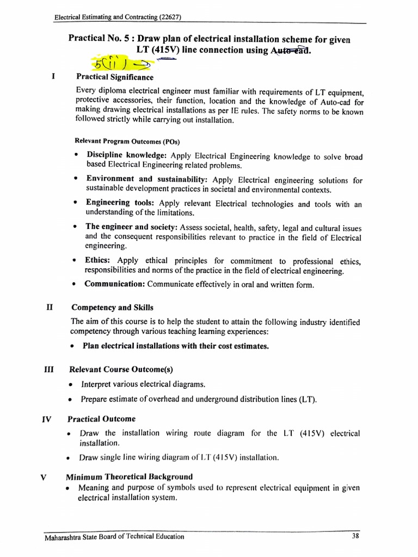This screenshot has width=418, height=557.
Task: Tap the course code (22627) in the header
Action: click(x=166, y=17)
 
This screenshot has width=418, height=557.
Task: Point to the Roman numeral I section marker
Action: click(x=53, y=77)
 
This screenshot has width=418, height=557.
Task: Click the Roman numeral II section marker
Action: click(x=50, y=307)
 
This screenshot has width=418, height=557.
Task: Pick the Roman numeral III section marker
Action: click(x=50, y=369)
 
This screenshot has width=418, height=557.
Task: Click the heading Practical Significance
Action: click(x=115, y=77)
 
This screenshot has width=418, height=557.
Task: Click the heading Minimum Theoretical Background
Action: click(x=129, y=477)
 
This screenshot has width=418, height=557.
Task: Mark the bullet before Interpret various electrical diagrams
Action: click(x=72, y=385)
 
